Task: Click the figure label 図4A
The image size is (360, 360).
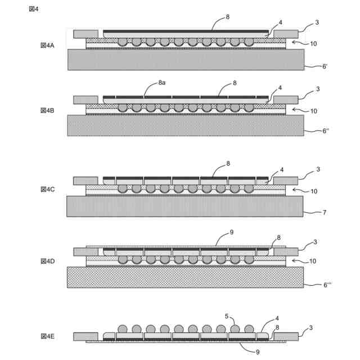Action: coord(47,45)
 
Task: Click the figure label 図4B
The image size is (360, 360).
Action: coord(47,110)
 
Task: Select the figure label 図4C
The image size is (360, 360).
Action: coord(47,190)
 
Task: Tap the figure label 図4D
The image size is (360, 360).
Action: coord(47,261)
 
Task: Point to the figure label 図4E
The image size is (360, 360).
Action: coord(47,336)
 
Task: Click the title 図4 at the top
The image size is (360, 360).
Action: coord(34,9)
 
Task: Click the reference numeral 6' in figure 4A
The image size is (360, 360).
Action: coord(325,66)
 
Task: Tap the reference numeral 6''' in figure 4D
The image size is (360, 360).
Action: coord(327,285)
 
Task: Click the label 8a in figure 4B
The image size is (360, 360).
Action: coord(161,83)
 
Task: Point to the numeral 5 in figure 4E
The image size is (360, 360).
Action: coord(227,316)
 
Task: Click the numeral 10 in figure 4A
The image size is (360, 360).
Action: coord(313,43)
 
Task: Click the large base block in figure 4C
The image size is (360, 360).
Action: coord(184,206)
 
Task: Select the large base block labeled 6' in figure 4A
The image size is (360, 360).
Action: coord(186,60)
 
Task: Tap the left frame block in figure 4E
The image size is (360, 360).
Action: coord(85,336)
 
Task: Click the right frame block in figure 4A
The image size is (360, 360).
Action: coord(286,34)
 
